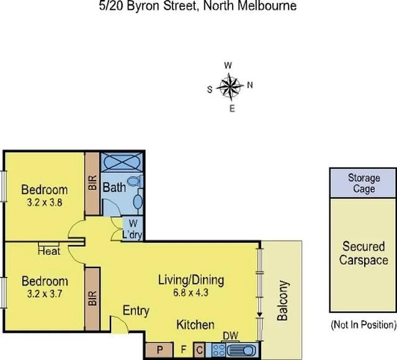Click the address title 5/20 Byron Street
[x=198, y=7]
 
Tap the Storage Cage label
[x=363, y=183]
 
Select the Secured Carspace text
[x=363, y=253]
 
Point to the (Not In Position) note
[x=363, y=324]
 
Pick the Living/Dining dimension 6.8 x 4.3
[x=190, y=292]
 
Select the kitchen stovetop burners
[x=218, y=350]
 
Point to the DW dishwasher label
[x=229, y=336]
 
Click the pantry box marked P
[x=159, y=350]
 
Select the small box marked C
[x=199, y=350]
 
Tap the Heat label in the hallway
[x=48, y=251]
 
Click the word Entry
[x=135, y=310]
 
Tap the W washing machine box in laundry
[x=133, y=224]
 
